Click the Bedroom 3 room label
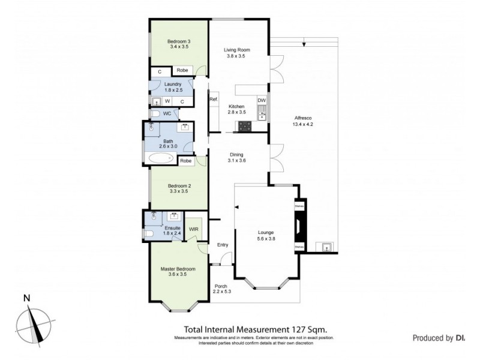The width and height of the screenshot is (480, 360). [179, 41]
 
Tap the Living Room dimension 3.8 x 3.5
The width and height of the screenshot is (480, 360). [237, 56]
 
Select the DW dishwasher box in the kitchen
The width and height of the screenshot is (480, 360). [261, 100]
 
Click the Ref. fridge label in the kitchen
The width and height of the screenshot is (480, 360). [213, 99]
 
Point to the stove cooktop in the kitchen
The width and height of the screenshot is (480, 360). [245, 126]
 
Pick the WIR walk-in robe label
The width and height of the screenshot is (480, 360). [194, 229]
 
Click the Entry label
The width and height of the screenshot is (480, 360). [223, 245]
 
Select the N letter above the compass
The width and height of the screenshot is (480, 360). [26, 298]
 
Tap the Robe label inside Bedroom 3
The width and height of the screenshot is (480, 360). [182, 70]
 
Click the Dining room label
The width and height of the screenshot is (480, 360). [237, 154]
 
